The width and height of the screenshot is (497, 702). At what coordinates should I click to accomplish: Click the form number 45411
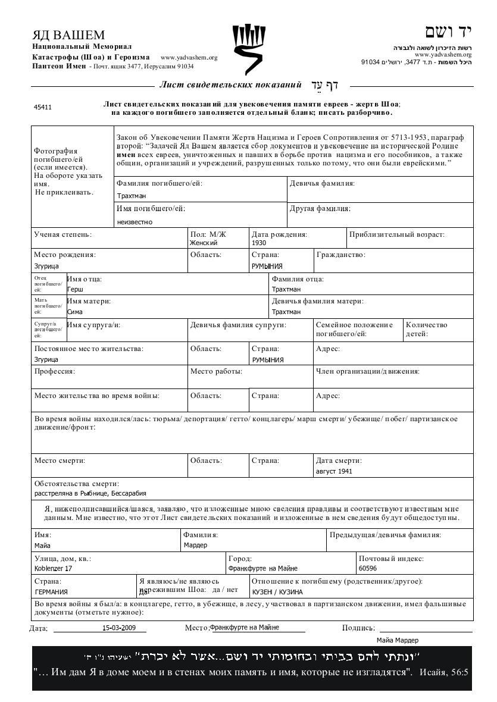pos(43,108)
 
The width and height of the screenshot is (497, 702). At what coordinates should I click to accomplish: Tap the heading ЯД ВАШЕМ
pos(68,35)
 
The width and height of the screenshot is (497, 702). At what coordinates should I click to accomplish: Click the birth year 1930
pos(259,243)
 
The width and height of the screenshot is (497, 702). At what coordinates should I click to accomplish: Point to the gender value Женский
pos(204,243)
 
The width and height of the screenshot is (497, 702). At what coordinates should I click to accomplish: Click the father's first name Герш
pos(75,289)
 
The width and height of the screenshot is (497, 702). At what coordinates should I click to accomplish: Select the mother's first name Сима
pos(75,312)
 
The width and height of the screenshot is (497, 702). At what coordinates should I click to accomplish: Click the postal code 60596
pos(368,568)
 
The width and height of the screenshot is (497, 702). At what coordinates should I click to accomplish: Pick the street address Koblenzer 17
pos(53,568)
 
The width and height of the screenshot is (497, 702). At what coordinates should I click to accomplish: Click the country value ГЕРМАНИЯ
pos(51,592)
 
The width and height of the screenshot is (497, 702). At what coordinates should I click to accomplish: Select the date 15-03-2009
pos(119,628)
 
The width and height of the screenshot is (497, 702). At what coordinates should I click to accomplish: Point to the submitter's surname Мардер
pos(195,546)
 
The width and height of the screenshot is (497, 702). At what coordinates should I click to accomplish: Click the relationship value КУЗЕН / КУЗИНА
pos(277,592)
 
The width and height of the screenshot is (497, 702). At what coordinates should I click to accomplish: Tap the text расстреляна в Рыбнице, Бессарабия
pos(90,493)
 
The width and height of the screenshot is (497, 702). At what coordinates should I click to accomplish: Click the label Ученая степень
pos(62,235)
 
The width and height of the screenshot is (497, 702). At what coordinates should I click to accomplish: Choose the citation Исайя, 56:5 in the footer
pos(444,672)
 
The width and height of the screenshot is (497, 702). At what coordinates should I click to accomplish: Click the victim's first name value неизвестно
pos(135,222)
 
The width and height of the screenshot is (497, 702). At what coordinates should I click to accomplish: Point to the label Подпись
pos(358,628)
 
